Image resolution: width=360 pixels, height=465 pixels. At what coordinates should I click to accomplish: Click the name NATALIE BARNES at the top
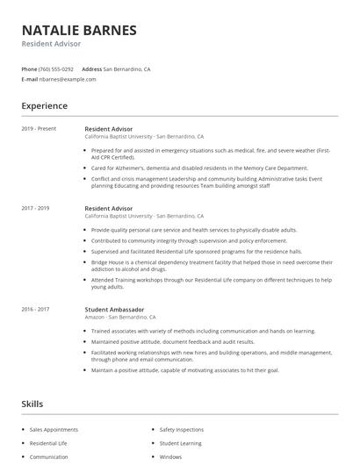point(79,30)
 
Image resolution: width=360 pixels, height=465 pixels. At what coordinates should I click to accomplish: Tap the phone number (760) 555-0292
point(56,68)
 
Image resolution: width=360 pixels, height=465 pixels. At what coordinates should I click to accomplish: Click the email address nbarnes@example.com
point(68,79)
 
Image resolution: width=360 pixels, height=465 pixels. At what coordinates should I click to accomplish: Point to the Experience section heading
point(44,106)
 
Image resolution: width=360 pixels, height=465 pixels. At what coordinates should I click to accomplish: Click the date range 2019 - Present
point(39,129)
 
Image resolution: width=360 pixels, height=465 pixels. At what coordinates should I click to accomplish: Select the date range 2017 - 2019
point(35,208)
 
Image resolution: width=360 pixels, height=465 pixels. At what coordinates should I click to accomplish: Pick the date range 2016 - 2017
point(35,309)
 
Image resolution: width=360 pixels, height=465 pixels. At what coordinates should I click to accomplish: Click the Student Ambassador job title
point(115,309)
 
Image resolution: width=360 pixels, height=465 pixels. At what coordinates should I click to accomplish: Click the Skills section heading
point(32,404)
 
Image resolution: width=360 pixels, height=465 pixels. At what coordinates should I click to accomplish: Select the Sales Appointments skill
point(54,430)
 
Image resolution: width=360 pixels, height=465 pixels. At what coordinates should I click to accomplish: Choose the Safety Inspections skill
point(182,430)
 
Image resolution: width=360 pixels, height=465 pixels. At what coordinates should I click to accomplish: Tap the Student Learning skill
point(180,443)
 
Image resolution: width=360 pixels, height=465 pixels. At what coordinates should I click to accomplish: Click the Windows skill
point(170,456)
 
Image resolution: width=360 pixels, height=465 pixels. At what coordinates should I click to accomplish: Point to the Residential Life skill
point(48,443)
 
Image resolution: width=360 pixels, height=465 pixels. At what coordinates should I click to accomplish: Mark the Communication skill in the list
point(48,456)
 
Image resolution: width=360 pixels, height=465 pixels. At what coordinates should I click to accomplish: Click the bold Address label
point(91,68)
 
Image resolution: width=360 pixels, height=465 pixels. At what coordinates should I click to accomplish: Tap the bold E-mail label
point(29,79)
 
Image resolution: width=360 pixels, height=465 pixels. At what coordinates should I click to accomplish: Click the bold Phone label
point(29,68)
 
